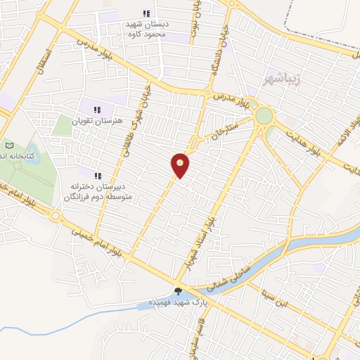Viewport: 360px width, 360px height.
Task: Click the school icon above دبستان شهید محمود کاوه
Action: pos(146,13)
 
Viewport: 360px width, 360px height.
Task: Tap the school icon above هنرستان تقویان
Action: pos(97,109)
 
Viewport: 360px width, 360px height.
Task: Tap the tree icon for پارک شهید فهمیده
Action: pos(179,290)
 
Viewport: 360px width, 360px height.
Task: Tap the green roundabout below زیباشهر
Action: pos(264,115)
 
